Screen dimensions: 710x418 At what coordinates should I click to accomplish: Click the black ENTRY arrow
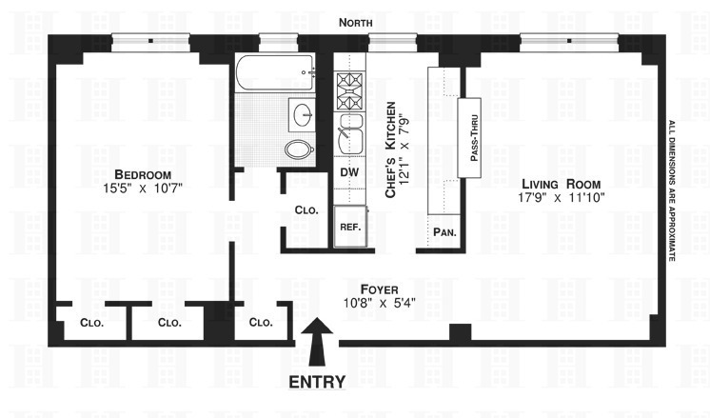click(319, 344)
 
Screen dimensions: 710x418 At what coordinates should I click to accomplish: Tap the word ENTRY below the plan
click(319, 383)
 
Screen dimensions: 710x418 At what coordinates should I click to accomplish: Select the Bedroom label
click(142, 174)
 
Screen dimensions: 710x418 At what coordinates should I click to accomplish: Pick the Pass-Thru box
click(473, 134)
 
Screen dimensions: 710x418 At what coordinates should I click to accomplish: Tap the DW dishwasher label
click(348, 172)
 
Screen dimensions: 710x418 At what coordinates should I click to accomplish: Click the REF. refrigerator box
click(348, 229)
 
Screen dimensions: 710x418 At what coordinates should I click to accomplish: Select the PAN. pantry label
click(444, 231)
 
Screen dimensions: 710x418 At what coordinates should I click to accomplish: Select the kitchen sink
click(349, 137)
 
